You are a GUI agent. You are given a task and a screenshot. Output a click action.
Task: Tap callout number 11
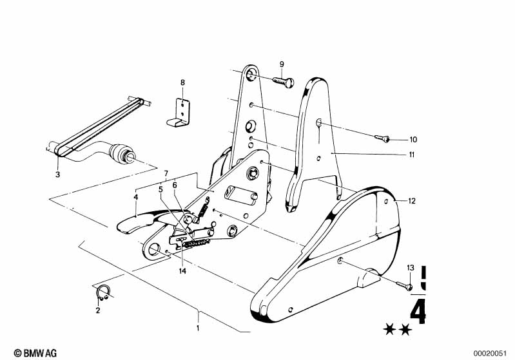coord(411,155)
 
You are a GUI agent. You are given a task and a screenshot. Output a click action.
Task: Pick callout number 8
coord(182,82)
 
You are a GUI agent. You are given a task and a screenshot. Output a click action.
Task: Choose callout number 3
coord(57,175)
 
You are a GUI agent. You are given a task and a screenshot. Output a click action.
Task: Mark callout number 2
coord(98,310)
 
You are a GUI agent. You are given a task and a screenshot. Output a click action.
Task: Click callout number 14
coord(182,270)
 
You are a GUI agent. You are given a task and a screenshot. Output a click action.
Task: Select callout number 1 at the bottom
coord(198,328)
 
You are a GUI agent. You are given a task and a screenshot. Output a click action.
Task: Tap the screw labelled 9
coord(283,81)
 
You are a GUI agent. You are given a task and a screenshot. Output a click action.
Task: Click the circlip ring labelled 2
coord(102,293)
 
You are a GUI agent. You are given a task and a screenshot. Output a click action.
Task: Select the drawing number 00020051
coord(492,353)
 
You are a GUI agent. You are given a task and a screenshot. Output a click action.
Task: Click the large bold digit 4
coord(418,312)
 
